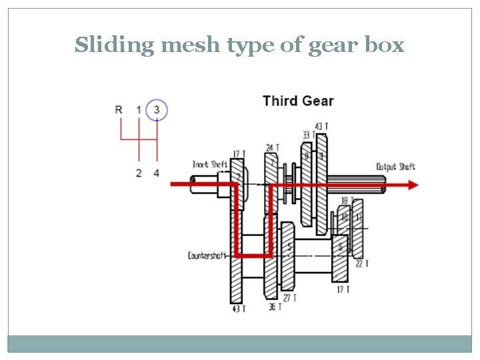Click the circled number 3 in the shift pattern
(157, 109)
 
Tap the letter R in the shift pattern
(119, 109)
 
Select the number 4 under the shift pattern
(157, 173)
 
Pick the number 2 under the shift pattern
(139, 173)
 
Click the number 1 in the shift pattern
(139, 109)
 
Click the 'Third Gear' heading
(298, 101)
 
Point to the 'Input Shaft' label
(210, 164)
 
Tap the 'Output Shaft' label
(395, 167)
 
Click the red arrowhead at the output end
(413, 185)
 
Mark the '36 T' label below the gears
(275, 307)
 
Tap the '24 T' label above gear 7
(273, 147)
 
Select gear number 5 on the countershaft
(289, 247)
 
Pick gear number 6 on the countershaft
(341, 247)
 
